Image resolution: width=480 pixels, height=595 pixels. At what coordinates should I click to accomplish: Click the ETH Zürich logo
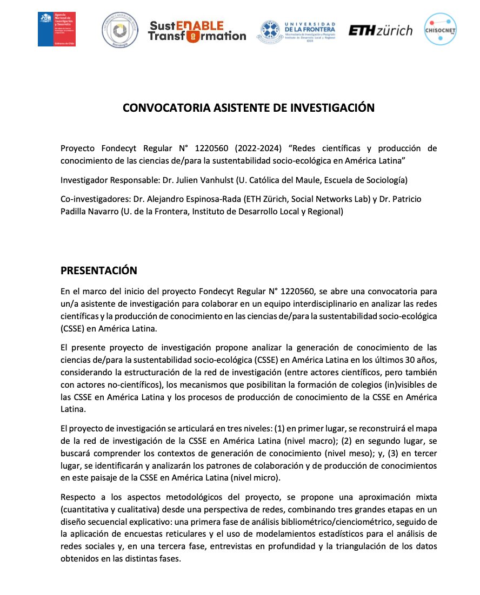pos(380,31)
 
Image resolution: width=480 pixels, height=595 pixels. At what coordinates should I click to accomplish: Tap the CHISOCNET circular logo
pos(440,30)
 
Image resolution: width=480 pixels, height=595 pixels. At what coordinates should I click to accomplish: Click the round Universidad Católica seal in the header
pos(120,30)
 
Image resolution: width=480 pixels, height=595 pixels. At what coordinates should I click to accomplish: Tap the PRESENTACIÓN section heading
pos(98,270)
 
